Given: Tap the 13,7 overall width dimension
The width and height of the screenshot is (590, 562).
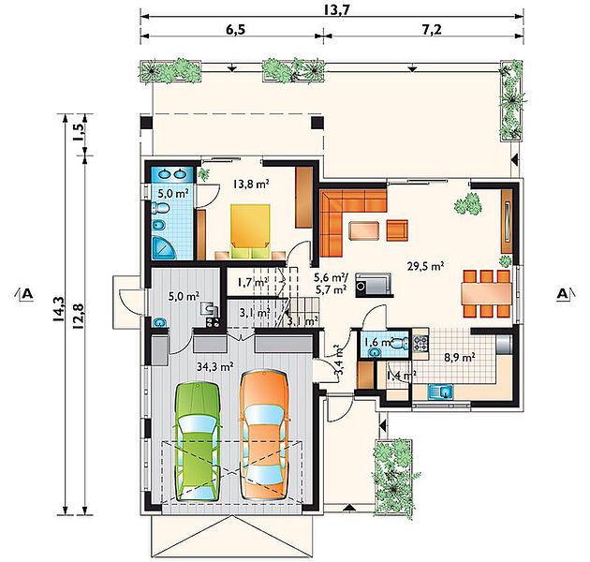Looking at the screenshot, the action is [x=337, y=9].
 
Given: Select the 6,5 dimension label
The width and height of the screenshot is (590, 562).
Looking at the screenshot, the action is [x=235, y=29].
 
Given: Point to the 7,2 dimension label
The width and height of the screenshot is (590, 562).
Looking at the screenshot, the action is [x=432, y=29].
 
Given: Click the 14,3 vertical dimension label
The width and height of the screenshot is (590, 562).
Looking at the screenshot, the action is [x=59, y=309].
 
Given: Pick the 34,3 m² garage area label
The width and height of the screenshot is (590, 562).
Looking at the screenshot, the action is [x=215, y=365].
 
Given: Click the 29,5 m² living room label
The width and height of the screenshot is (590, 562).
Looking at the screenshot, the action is [x=425, y=267].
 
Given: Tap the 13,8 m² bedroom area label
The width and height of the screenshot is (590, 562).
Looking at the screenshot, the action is [x=251, y=185].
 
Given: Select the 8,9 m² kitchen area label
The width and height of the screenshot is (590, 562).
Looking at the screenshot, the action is [x=460, y=357].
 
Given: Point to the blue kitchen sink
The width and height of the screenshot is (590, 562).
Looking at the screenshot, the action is [x=440, y=392].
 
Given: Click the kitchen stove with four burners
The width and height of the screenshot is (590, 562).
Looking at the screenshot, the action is [x=420, y=343].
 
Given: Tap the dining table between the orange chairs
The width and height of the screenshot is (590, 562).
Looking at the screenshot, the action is [x=487, y=293].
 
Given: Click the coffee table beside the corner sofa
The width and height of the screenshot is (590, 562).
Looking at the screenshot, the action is [x=364, y=230].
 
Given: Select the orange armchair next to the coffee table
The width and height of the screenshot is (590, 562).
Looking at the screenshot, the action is [x=397, y=230].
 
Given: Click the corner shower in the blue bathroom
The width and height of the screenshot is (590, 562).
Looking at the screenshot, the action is [x=164, y=247].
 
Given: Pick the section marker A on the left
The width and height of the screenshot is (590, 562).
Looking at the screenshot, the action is [x=25, y=293].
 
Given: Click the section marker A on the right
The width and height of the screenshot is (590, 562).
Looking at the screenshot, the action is [x=564, y=293].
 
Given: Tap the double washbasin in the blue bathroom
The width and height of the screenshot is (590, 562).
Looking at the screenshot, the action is [x=171, y=174].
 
